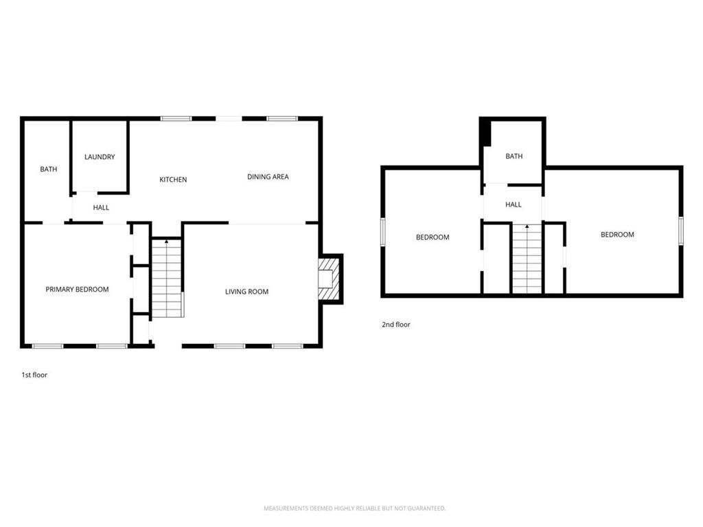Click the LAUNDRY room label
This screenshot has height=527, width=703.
click(x=100, y=157)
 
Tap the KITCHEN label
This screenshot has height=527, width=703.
click(x=173, y=180)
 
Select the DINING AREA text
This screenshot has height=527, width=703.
click(x=268, y=177)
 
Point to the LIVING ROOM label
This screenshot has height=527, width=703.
click(x=246, y=292)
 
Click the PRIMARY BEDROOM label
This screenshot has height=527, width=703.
click(x=77, y=290)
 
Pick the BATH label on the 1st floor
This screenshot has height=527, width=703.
click(x=48, y=169)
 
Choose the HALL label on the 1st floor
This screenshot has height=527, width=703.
click(x=101, y=208)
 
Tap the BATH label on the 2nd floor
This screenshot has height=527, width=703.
click(x=514, y=156)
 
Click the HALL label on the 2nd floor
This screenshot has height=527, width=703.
click(x=513, y=204)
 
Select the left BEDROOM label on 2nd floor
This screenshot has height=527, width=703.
click(x=433, y=237)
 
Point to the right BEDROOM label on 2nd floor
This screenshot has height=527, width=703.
click(x=617, y=235)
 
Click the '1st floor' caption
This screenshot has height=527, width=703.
click(x=34, y=375)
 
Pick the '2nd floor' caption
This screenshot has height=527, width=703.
click(x=396, y=325)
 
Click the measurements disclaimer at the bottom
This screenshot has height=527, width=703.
click(x=355, y=508)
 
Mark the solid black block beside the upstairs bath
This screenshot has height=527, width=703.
click(x=485, y=132)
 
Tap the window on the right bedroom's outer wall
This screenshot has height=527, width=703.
click(x=680, y=231)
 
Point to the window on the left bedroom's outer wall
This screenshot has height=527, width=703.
click(x=384, y=231)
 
